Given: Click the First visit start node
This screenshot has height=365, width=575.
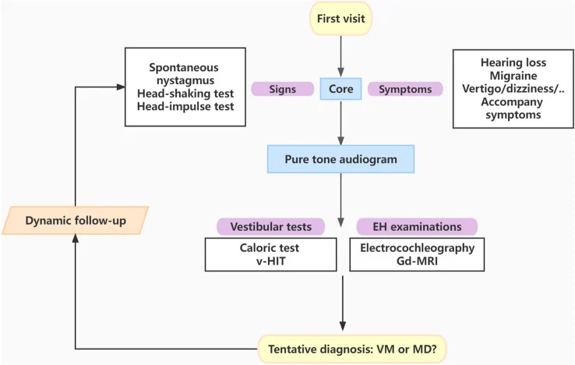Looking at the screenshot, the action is point(341,19).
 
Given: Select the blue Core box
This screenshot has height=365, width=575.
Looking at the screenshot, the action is point(340,89).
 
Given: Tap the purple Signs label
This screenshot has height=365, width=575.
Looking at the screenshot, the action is point(282,89).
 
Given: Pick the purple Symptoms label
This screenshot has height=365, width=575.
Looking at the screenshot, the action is point(405,89).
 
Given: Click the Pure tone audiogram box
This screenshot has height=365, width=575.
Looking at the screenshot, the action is point(340,159).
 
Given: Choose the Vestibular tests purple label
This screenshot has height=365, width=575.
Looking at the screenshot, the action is point(270,226).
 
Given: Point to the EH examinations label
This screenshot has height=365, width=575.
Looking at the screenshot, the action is point(417,226).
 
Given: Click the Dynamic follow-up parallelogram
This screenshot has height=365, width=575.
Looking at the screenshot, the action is point(76,220).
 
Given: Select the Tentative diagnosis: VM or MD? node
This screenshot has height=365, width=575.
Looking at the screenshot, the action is point(352,349).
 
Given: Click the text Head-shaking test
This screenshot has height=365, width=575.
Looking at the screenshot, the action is point(185,94).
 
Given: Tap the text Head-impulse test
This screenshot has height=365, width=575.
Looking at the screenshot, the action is point(185,106).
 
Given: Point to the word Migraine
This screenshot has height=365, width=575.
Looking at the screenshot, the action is point(513,76).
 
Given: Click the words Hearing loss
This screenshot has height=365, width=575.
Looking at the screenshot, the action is point(513,62).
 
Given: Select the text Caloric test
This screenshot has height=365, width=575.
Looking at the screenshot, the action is point(270,248).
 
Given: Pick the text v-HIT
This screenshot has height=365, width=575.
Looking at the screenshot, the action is point(270,261).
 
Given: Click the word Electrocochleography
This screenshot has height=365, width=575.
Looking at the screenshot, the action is point(417,248).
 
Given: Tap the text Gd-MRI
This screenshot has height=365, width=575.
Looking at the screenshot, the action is point(417,261).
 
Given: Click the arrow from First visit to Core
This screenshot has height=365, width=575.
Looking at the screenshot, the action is point(340,57).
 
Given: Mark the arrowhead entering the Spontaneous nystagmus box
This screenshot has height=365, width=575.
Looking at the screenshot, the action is point(121,87).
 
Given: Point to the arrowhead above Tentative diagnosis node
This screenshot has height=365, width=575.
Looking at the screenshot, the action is point(343,326).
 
